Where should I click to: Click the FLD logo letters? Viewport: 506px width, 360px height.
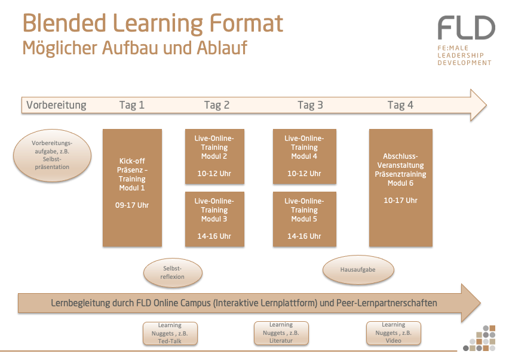coord(466,29)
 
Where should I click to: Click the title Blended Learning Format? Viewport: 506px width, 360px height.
coord(152,23)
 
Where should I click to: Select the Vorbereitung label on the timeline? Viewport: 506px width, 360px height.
coord(56,105)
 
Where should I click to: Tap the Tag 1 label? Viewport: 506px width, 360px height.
coord(132,105)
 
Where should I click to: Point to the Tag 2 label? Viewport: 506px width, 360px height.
coord(216,105)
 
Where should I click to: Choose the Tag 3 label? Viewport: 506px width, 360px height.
coord(310,105)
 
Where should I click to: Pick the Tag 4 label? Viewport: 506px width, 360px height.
coord(400,105)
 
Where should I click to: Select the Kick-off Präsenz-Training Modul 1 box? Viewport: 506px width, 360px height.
coord(132,187)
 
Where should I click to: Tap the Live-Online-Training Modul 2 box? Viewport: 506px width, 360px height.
coord(214,156)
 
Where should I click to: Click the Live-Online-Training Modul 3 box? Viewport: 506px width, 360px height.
coord(214,219)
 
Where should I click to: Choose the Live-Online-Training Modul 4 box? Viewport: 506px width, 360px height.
coord(304,156)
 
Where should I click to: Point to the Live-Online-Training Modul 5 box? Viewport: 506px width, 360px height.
coord(304,219)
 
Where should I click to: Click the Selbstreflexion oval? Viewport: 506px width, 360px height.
coord(173,273)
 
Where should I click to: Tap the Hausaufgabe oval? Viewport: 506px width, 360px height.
coord(358,270)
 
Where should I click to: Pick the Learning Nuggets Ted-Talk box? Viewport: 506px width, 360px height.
coord(170,333)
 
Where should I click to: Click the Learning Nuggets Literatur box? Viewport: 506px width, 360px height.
coord(281,333)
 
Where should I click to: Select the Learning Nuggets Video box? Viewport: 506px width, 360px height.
coord(393,333)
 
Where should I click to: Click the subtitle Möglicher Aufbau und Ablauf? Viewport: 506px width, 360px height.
coord(134,48)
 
